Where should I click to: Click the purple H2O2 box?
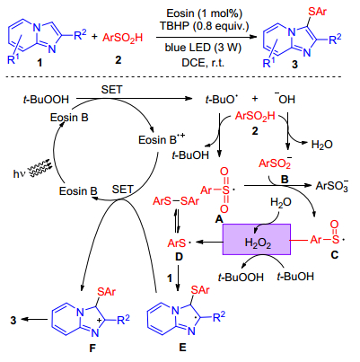tap(257, 239)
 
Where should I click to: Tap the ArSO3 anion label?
tap(332, 186)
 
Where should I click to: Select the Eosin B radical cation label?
tap(162, 139)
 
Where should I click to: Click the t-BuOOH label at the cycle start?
tap(46, 99)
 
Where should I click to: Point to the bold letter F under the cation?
tap(92, 348)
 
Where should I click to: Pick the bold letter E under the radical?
tap(182, 347)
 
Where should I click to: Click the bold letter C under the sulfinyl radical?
tap(334, 254)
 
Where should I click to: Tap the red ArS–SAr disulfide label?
tap(176, 201)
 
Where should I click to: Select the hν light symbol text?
tap(18, 173)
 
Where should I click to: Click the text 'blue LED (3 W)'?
tap(203, 48)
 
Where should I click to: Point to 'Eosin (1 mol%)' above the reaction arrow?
tap(205, 13)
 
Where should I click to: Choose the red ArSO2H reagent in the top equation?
tap(123, 38)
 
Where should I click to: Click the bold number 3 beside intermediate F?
tap(13, 320)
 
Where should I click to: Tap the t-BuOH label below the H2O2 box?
tap(295, 276)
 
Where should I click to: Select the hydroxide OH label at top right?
tap(285, 98)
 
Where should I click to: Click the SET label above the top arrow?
tap(111, 89)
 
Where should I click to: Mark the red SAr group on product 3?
tap(317, 12)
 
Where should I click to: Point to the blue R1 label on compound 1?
tap(13, 59)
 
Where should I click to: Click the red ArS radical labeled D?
tap(179, 243)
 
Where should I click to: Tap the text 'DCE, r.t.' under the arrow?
tap(203, 63)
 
